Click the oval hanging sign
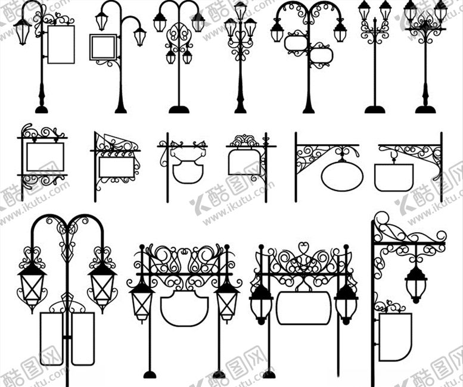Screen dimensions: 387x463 point(341,176)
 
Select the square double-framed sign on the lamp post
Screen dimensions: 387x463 point(103,47)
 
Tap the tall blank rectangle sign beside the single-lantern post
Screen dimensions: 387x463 point(60,44)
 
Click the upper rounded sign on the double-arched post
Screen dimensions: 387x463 point(296,43)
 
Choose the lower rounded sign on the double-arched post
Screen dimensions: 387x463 point(321,55)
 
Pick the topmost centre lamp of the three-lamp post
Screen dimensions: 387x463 point(240,10)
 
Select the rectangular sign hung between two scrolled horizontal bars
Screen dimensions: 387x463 point(45,157)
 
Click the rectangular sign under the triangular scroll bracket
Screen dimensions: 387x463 point(116,167)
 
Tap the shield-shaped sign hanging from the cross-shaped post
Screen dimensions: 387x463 point(187,170)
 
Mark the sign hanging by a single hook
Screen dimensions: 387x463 point(393,176)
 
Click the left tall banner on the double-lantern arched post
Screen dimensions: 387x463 point(51,338)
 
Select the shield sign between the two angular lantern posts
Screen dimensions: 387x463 point(184,308)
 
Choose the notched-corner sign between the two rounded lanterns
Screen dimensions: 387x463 point(303,308)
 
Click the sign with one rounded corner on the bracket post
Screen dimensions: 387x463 point(394,336)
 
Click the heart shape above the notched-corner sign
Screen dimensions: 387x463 point(303,247)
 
